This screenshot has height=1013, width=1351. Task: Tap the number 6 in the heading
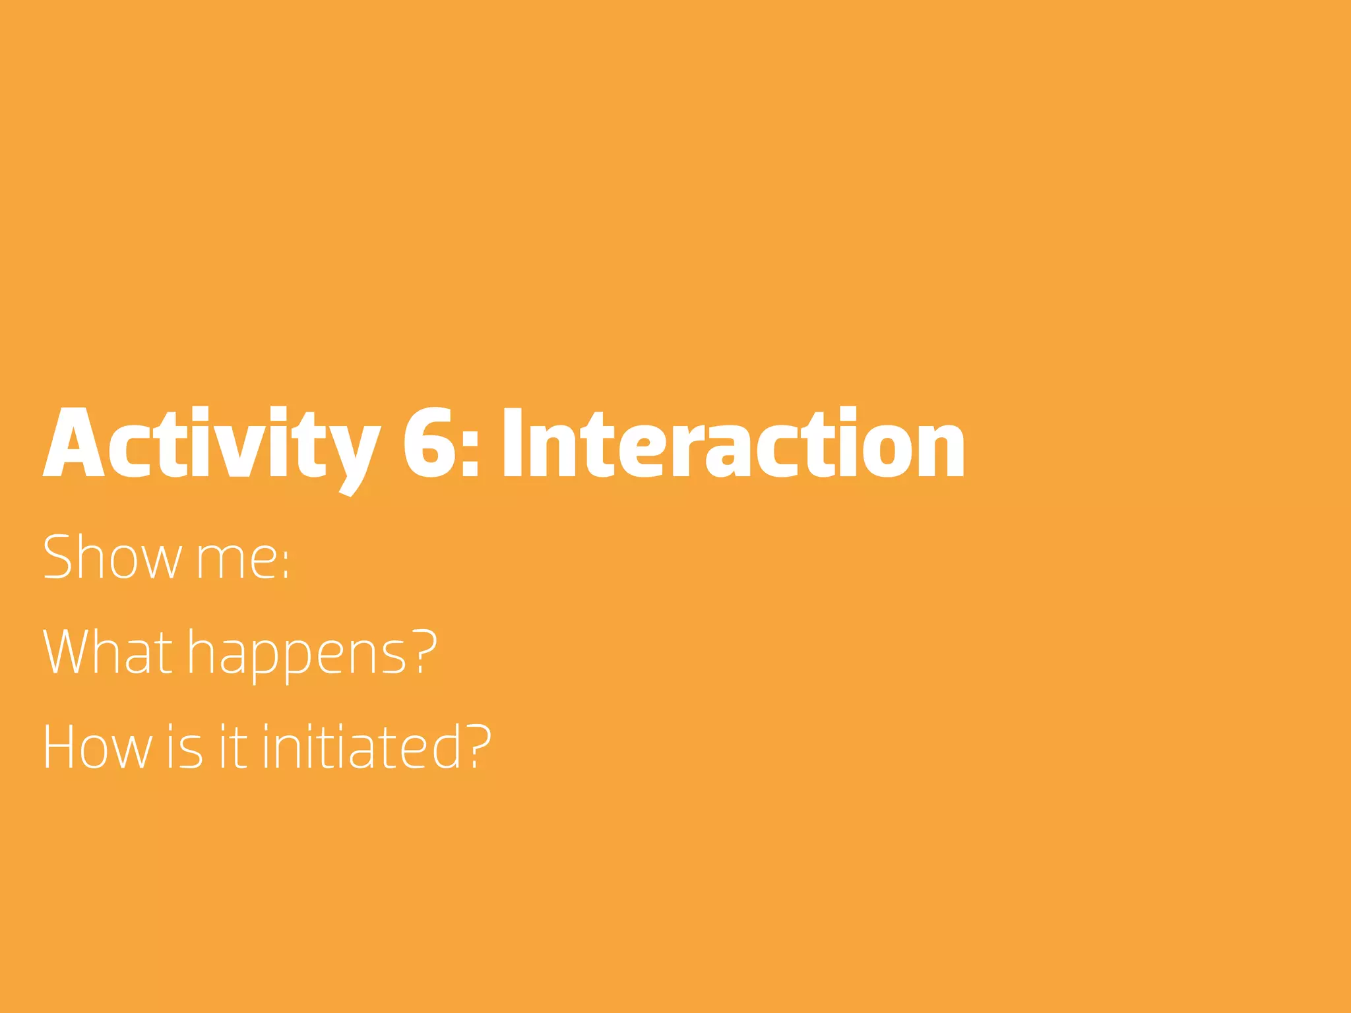[429, 443]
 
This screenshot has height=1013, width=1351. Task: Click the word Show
[112, 557]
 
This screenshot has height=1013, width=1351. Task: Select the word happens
[297, 656]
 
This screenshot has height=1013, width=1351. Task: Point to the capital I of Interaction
[513, 443]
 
